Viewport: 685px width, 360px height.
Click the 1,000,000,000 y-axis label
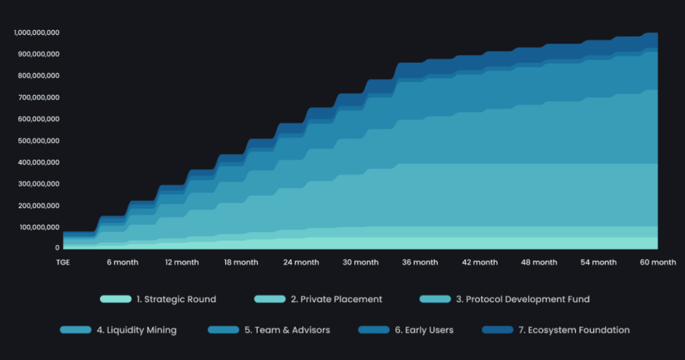coord(37,33)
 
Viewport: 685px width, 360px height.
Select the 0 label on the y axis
coord(57,248)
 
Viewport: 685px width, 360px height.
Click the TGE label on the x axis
coord(63,262)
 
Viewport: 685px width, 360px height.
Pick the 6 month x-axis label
coord(122,262)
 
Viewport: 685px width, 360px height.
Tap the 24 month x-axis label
coord(301,262)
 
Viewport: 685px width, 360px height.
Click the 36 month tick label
coord(420,262)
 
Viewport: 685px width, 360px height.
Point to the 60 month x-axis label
coord(658,262)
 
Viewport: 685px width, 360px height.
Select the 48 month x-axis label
coord(539,262)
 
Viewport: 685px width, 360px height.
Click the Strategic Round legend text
coord(176,299)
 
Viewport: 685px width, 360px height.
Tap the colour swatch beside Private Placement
coord(269,299)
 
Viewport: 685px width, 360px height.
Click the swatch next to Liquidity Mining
coord(75,330)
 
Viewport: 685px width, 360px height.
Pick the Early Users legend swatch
coord(373,330)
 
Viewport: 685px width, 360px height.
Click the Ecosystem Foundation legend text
coord(574,330)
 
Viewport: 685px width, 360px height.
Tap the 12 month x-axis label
coord(182,262)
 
